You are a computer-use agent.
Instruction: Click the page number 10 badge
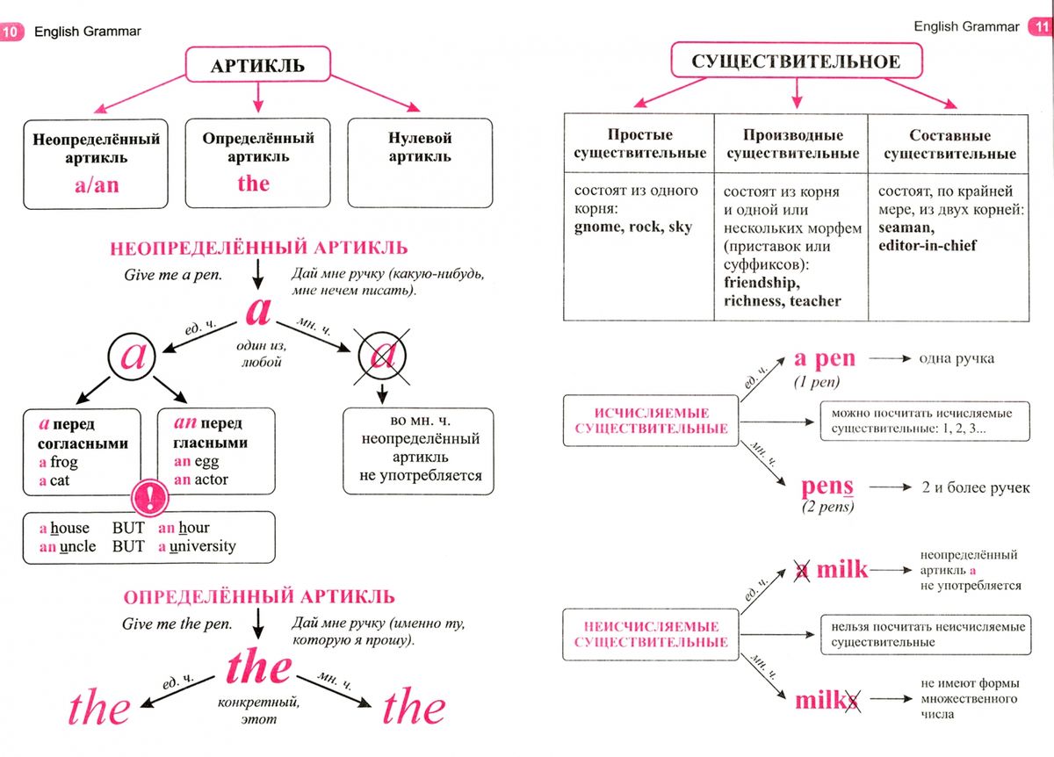(11, 32)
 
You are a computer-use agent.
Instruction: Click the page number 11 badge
(1041, 26)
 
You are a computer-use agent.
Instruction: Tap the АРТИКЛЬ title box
(258, 64)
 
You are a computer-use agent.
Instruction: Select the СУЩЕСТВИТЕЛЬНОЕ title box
(796, 61)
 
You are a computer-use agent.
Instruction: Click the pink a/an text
(97, 185)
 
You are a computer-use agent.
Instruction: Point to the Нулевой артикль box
(420, 162)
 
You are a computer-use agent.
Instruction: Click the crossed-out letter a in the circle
(382, 357)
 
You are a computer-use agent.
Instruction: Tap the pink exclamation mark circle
(149, 497)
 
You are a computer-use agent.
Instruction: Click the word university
(203, 547)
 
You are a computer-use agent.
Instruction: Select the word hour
(194, 528)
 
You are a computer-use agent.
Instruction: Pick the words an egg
(196, 462)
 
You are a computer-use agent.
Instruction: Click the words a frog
(58, 462)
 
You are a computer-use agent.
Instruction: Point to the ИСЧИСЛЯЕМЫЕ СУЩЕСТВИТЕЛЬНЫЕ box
(651, 421)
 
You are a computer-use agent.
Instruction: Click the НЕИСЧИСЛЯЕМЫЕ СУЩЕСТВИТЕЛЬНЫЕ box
(651, 634)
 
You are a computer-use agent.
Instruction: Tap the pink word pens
(827, 487)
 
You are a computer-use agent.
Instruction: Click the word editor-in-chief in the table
(928, 246)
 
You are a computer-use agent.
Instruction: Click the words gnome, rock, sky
(633, 227)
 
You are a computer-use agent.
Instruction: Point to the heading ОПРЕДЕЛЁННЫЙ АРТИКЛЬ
(259, 597)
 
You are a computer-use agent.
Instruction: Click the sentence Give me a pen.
(173, 275)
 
